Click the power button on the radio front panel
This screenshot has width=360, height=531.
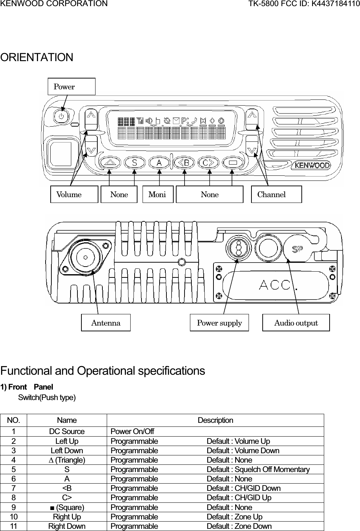[x=61, y=116]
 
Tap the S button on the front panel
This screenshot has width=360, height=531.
[x=135, y=163]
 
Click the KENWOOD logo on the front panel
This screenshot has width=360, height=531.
[x=312, y=165]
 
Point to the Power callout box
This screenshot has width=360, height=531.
[x=72, y=86]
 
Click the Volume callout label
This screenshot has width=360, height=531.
[x=74, y=194]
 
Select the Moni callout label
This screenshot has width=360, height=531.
[x=158, y=194]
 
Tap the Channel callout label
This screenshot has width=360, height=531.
[x=276, y=194]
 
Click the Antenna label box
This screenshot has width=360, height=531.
[x=106, y=323]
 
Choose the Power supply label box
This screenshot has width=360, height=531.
[x=219, y=323]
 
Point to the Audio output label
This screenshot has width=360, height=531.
[x=296, y=323]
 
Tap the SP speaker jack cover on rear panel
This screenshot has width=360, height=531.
[x=297, y=249]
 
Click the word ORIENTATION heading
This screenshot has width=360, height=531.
[x=37, y=57]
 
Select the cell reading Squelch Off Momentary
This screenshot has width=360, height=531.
[x=258, y=470]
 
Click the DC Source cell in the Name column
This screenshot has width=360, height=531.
[x=67, y=432]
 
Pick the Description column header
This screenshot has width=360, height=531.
[x=215, y=420]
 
